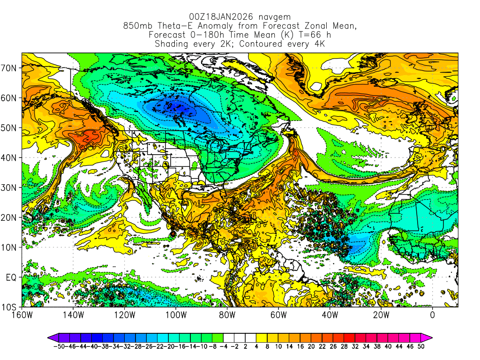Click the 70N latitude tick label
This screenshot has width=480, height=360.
pos(9,68)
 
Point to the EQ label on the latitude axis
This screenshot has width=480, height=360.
pos(11,277)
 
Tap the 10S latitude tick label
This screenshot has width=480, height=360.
pos(9,307)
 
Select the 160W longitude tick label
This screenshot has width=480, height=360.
pos(22,315)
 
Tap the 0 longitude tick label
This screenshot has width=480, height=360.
pos(432,315)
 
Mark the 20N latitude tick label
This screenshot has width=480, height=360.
pos(9,217)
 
